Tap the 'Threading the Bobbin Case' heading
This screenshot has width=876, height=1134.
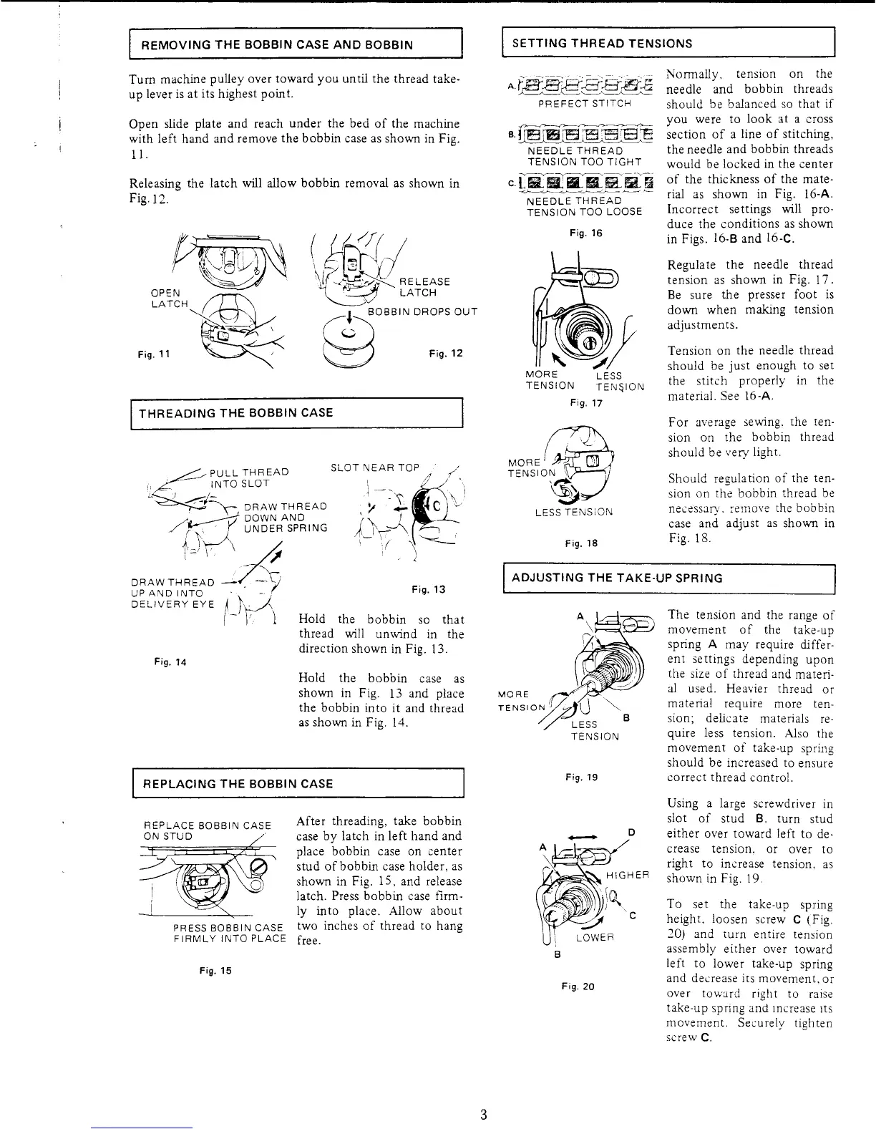tap(235, 413)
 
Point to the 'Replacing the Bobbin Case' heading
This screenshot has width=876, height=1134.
tap(238, 783)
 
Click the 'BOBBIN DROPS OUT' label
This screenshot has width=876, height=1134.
tap(422, 311)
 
